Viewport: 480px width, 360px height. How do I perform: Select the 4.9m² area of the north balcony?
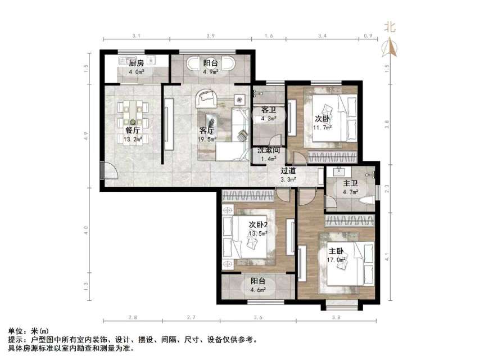[211, 72]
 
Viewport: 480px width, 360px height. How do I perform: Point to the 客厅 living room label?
[206, 130]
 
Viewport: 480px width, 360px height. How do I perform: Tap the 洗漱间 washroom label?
[268, 151]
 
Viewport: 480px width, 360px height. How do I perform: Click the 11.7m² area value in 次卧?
[323, 128]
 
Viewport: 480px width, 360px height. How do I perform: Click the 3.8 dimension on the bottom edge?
[336, 318]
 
